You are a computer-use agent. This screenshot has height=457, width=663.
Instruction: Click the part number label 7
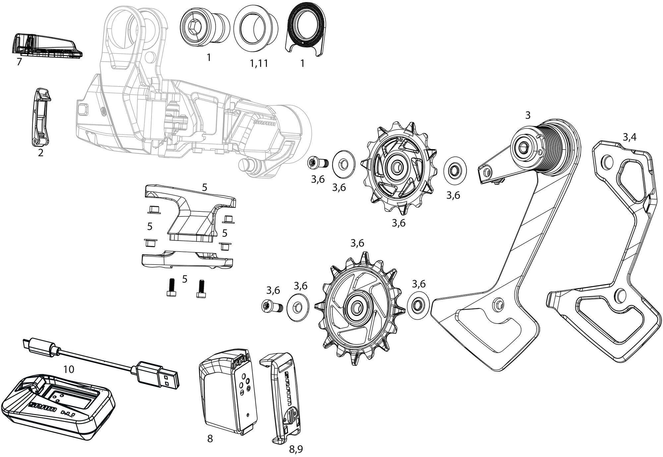click(19, 62)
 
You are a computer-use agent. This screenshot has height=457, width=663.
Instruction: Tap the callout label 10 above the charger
click(69, 369)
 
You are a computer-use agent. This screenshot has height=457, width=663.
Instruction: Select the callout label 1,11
click(259, 63)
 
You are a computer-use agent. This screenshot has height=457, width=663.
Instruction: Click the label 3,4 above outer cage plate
click(629, 137)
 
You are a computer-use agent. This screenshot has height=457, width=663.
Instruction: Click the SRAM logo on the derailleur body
click(264, 124)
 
